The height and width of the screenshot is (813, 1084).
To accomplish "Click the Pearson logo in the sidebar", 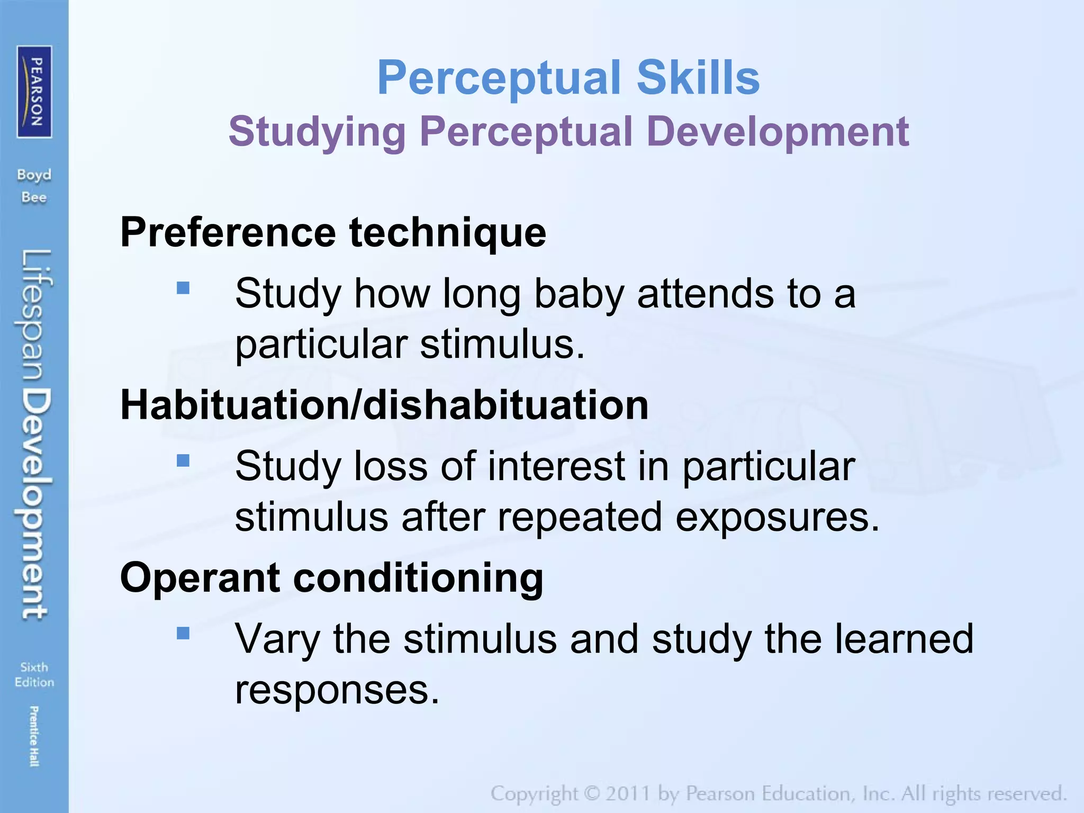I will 34,92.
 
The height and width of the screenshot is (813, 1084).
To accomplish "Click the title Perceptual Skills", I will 568,78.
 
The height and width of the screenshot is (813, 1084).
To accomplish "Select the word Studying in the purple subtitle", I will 317,132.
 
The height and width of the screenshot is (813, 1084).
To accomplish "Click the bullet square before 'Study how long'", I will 183,288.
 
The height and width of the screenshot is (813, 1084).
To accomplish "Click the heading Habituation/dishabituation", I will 384,405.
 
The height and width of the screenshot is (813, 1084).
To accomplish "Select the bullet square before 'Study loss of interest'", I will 183,460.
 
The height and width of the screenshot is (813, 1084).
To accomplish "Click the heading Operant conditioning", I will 332,577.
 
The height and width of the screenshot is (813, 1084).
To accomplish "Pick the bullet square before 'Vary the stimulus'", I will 183,633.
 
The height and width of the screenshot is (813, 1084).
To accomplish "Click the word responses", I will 337,690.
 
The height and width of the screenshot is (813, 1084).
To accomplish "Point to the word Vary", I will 277,639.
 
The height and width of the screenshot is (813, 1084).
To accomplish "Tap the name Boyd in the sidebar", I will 34,175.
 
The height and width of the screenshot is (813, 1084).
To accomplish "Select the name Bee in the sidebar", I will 34,197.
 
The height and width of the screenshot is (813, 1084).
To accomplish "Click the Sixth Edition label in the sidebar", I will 34,674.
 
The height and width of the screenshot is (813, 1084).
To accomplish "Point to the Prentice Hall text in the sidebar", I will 34,736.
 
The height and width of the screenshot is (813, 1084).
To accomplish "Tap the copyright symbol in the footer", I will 592,793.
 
